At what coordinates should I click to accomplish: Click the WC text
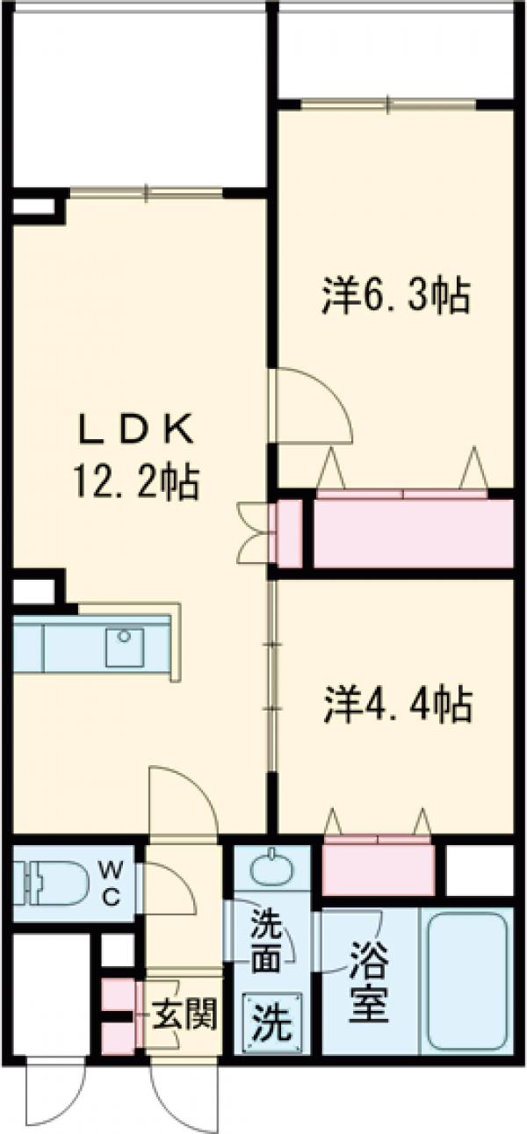[x=112, y=883]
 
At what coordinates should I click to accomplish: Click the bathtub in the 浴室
[x=466, y=980]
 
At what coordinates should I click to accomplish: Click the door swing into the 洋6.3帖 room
[x=314, y=406]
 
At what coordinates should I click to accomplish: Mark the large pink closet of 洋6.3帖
[x=413, y=533]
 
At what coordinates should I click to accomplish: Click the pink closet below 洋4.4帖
[x=378, y=865]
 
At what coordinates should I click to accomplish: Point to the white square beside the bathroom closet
[x=479, y=869]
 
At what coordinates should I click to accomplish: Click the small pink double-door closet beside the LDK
[x=285, y=533]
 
